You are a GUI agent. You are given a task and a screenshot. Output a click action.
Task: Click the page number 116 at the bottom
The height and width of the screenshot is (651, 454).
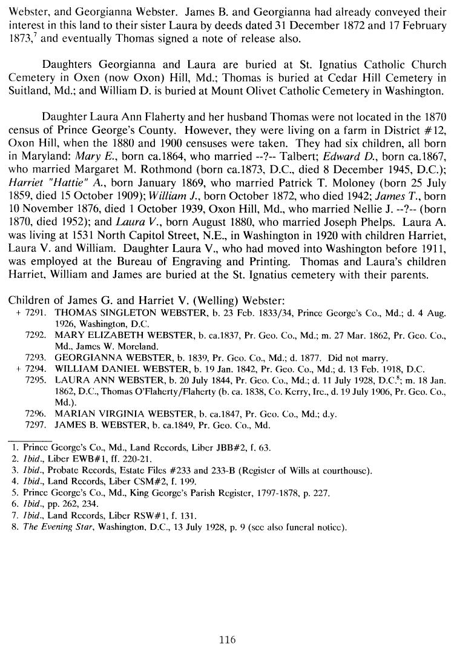[x=227, y=639]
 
